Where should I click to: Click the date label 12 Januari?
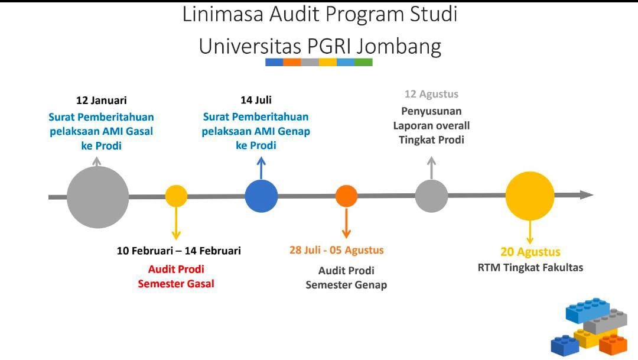(x=101, y=100)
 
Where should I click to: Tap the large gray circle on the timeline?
(x=97, y=197)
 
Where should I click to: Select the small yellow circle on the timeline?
(x=176, y=196)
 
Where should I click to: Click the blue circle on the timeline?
(x=261, y=196)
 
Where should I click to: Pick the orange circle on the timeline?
(x=346, y=196)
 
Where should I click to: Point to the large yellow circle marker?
(x=530, y=196)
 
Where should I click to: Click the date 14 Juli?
(x=256, y=100)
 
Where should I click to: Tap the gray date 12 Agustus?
(x=431, y=95)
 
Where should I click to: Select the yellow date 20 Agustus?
(x=530, y=252)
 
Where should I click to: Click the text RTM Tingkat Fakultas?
(x=530, y=268)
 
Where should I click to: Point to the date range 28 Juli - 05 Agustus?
(x=336, y=250)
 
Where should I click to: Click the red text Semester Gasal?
(x=176, y=284)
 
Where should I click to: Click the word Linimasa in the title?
(x=223, y=14)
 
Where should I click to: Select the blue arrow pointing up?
(x=261, y=168)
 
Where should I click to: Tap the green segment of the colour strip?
(x=363, y=62)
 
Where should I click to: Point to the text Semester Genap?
(x=346, y=285)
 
